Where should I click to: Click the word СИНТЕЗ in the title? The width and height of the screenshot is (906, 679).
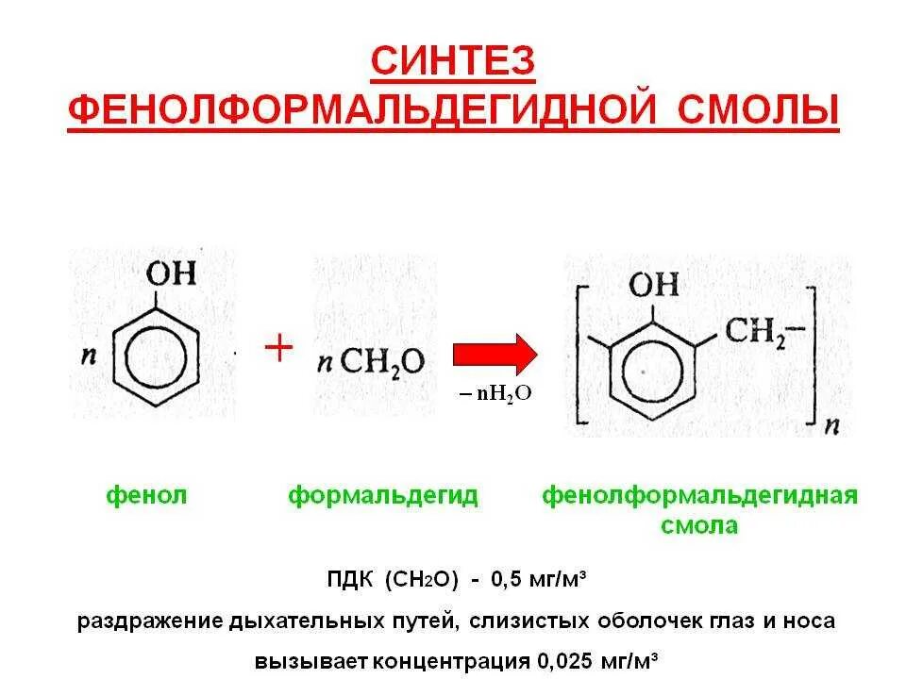coord(452,62)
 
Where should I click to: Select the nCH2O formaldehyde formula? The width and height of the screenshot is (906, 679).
coord(377,360)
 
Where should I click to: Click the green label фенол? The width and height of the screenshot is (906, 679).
coord(145,496)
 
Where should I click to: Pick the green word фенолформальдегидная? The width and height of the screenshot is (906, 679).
coord(699,496)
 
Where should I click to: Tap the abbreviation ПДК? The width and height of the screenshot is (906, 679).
coord(348,580)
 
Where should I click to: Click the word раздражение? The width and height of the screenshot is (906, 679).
coord(148,621)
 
